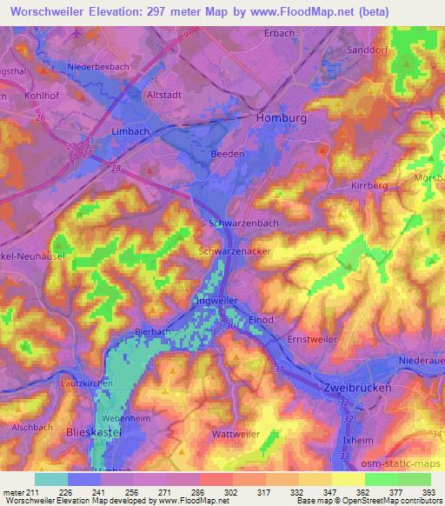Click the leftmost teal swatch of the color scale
(52, 479)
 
